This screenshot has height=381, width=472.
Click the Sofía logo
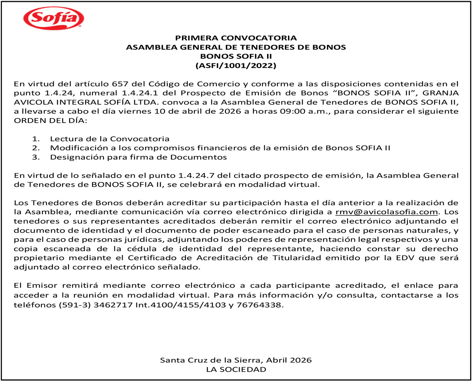pyautogui.click(x=54, y=18)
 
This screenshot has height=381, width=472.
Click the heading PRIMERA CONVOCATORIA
pyautogui.click(x=236, y=38)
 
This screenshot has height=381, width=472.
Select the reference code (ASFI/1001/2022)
pyautogui.click(x=236, y=65)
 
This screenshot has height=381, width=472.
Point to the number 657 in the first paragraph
pyautogui.click(x=120, y=84)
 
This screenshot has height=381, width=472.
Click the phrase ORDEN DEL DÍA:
pyautogui.click(x=50, y=120)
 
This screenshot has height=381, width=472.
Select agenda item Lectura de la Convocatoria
pyautogui.click(x=110, y=139)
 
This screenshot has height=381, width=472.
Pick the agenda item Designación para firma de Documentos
pyautogui.click(x=138, y=157)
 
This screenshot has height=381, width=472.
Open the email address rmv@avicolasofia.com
pyautogui.click(x=387, y=212)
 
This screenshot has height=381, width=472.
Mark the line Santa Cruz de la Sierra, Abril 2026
pyautogui.click(x=236, y=360)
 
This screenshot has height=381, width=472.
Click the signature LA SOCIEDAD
pyautogui.click(x=236, y=370)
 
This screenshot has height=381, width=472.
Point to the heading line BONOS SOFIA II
pyautogui.click(x=236, y=56)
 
